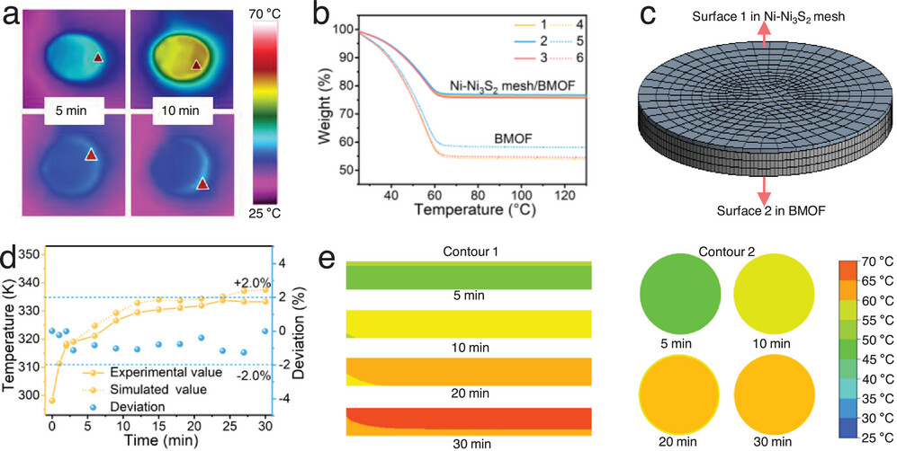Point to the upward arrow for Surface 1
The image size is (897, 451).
coord(764,35)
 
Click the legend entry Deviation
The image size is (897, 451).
coord(130,407)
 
